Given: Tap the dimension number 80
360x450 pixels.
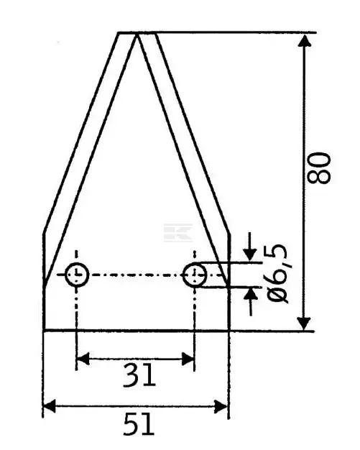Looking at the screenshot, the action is point(319,168).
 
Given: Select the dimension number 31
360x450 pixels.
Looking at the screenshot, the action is point(139,375).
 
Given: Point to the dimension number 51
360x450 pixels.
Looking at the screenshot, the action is point(139,424).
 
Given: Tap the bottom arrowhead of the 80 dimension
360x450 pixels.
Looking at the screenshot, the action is point(304,323).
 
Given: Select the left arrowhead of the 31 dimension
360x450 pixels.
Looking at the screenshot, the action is point(83,359).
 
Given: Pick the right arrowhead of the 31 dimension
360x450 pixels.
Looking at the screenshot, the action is point(188,359).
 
